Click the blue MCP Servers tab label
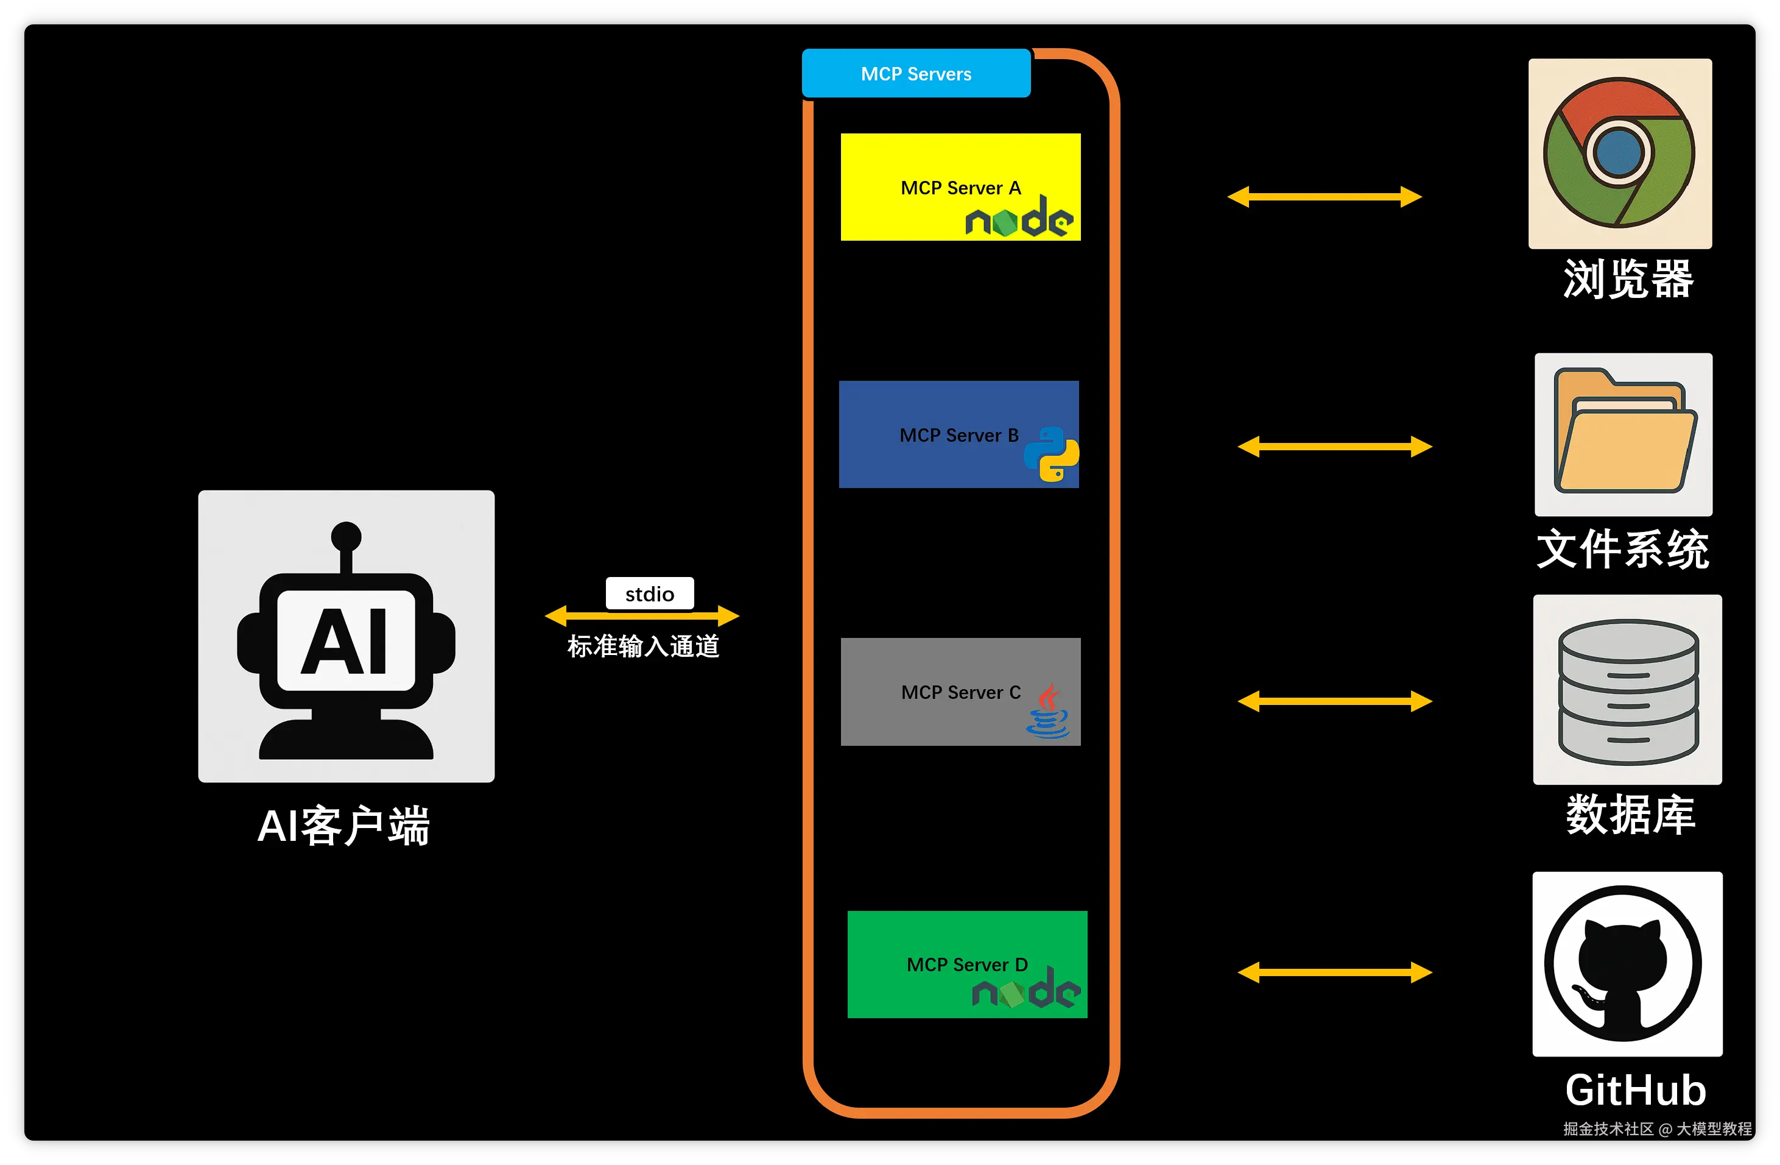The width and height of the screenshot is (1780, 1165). point(915,73)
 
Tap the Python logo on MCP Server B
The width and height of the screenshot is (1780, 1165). point(1052,454)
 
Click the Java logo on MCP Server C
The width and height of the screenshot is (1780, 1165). point(1049,712)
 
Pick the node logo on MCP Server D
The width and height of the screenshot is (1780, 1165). point(1026,989)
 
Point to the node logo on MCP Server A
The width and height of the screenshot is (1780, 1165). point(1019,218)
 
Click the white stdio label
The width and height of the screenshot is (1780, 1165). point(649,594)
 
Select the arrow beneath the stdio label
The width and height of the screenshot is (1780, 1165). point(642,616)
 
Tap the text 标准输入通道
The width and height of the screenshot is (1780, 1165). point(643,646)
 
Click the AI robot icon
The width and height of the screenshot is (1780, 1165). point(347,637)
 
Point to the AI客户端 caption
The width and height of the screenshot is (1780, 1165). point(343,826)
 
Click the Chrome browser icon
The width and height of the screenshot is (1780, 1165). point(1619,153)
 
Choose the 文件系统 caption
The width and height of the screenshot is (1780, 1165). point(1622,548)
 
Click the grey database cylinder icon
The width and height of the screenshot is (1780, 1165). point(1627,690)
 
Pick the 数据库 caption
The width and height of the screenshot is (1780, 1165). point(1630,815)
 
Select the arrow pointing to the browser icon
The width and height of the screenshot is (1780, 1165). point(1324,197)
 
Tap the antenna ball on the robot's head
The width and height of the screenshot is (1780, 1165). point(347,536)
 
